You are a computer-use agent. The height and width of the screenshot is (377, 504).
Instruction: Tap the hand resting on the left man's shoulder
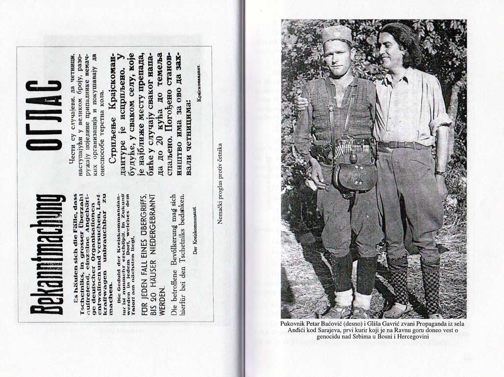click(302, 103)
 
